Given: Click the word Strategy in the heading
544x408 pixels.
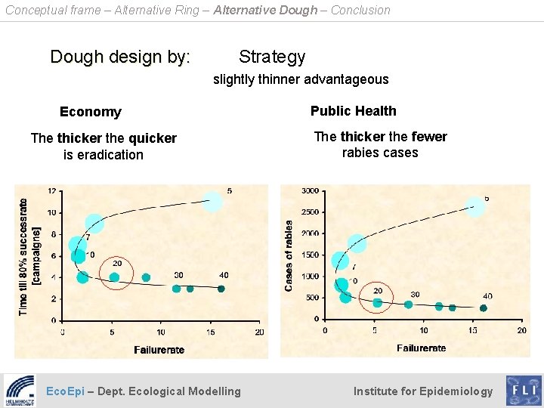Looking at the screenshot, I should (x=272, y=57).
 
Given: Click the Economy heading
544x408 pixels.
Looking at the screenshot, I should (x=90, y=112).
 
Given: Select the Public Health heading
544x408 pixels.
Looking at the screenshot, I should (x=353, y=111).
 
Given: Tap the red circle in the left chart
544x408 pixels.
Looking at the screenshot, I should (x=116, y=274).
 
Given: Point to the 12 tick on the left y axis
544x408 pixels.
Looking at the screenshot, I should (x=51, y=191).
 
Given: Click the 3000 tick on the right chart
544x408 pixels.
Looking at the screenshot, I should (x=310, y=191).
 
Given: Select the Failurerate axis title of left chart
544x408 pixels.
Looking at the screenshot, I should (x=159, y=350).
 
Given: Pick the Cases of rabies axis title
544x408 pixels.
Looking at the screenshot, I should (x=289, y=255).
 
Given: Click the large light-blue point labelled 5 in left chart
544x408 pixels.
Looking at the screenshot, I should (x=213, y=201).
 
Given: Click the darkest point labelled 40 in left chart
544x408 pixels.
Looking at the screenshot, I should (x=221, y=289).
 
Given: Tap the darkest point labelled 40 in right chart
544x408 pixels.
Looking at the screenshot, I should (x=484, y=308).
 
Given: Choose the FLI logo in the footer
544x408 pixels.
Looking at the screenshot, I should (x=523, y=391).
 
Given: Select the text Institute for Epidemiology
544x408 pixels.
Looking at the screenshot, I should (x=422, y=391).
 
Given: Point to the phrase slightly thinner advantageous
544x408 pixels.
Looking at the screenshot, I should (x=301, y=79).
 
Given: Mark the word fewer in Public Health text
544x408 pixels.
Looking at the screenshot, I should (x=428, y=137).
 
